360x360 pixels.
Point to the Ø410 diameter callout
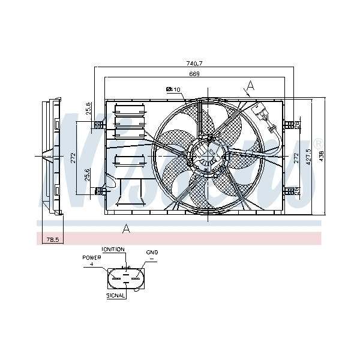point(173,90)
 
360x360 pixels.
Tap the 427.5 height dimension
point(308,158)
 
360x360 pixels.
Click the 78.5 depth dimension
point(52,239)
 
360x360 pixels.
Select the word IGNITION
point(113,249)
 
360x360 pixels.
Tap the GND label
point(151,253)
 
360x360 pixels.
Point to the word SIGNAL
point(116,295)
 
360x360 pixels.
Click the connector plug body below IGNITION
point(125,278)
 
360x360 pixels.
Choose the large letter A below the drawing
point(126,227)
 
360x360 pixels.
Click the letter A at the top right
point(250,86)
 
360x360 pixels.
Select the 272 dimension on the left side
point(73,157)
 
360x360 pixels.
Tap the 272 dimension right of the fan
point(296,157)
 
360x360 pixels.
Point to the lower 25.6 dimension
point(88,175)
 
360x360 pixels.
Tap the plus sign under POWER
point(92,263)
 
